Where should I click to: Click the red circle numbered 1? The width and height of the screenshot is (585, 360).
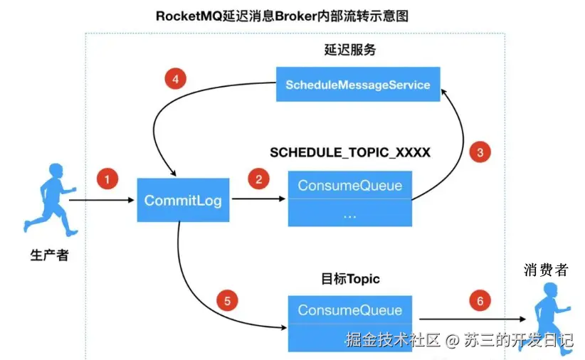tap(107, 179)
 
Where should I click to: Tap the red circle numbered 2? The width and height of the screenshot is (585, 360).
tap(258, 179)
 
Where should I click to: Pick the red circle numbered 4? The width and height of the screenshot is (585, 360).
tap(175, 80)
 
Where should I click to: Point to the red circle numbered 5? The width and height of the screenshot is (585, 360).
tap(227, 301)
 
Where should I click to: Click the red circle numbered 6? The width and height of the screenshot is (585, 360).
tap(480, 301)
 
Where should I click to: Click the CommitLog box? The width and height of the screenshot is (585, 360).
tap(183, 201)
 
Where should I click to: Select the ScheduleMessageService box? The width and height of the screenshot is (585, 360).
tap(358, 85)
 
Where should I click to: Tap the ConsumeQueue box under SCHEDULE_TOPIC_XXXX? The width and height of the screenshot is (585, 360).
tap(349, 186)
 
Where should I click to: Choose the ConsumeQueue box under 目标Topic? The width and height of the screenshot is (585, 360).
tap(349, 310)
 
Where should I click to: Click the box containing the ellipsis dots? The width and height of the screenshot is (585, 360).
tap(349, 213)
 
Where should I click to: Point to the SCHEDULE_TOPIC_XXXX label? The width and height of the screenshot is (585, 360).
tap(350, 153)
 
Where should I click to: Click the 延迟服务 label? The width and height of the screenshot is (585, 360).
tap(349, 51)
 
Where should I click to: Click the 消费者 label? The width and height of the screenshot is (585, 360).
tap(546, 270)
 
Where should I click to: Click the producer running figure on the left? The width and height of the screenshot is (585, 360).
tap(50, 199)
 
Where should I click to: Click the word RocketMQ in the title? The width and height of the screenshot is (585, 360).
tap(186, 15)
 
